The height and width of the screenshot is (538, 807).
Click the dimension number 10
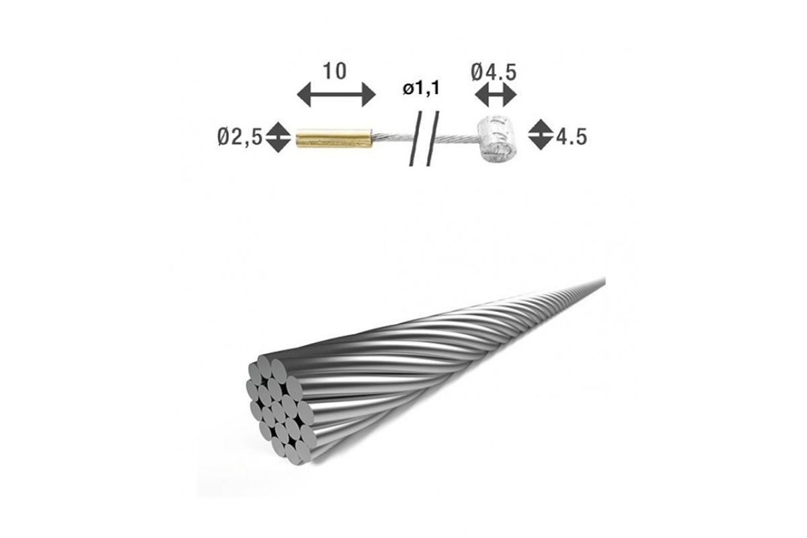click(x=335, y=71)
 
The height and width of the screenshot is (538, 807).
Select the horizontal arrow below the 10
click(x=335, y=95)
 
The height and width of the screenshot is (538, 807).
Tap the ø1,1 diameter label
click(x=422, y=89)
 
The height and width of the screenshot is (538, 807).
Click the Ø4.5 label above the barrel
click(x=494, y=71)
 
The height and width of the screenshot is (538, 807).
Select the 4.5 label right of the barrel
click(x=571, y=138)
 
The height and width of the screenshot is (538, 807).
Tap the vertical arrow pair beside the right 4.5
click(x=539, y=137)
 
